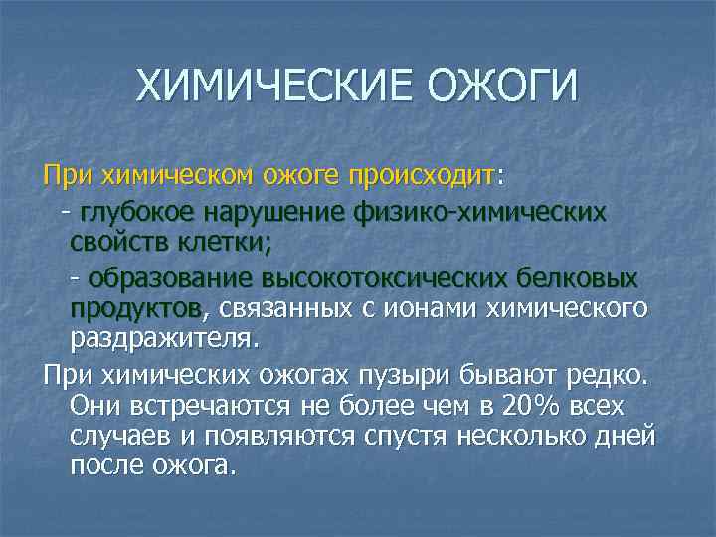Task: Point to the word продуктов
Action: pos(135,307)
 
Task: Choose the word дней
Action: pos(627,437)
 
